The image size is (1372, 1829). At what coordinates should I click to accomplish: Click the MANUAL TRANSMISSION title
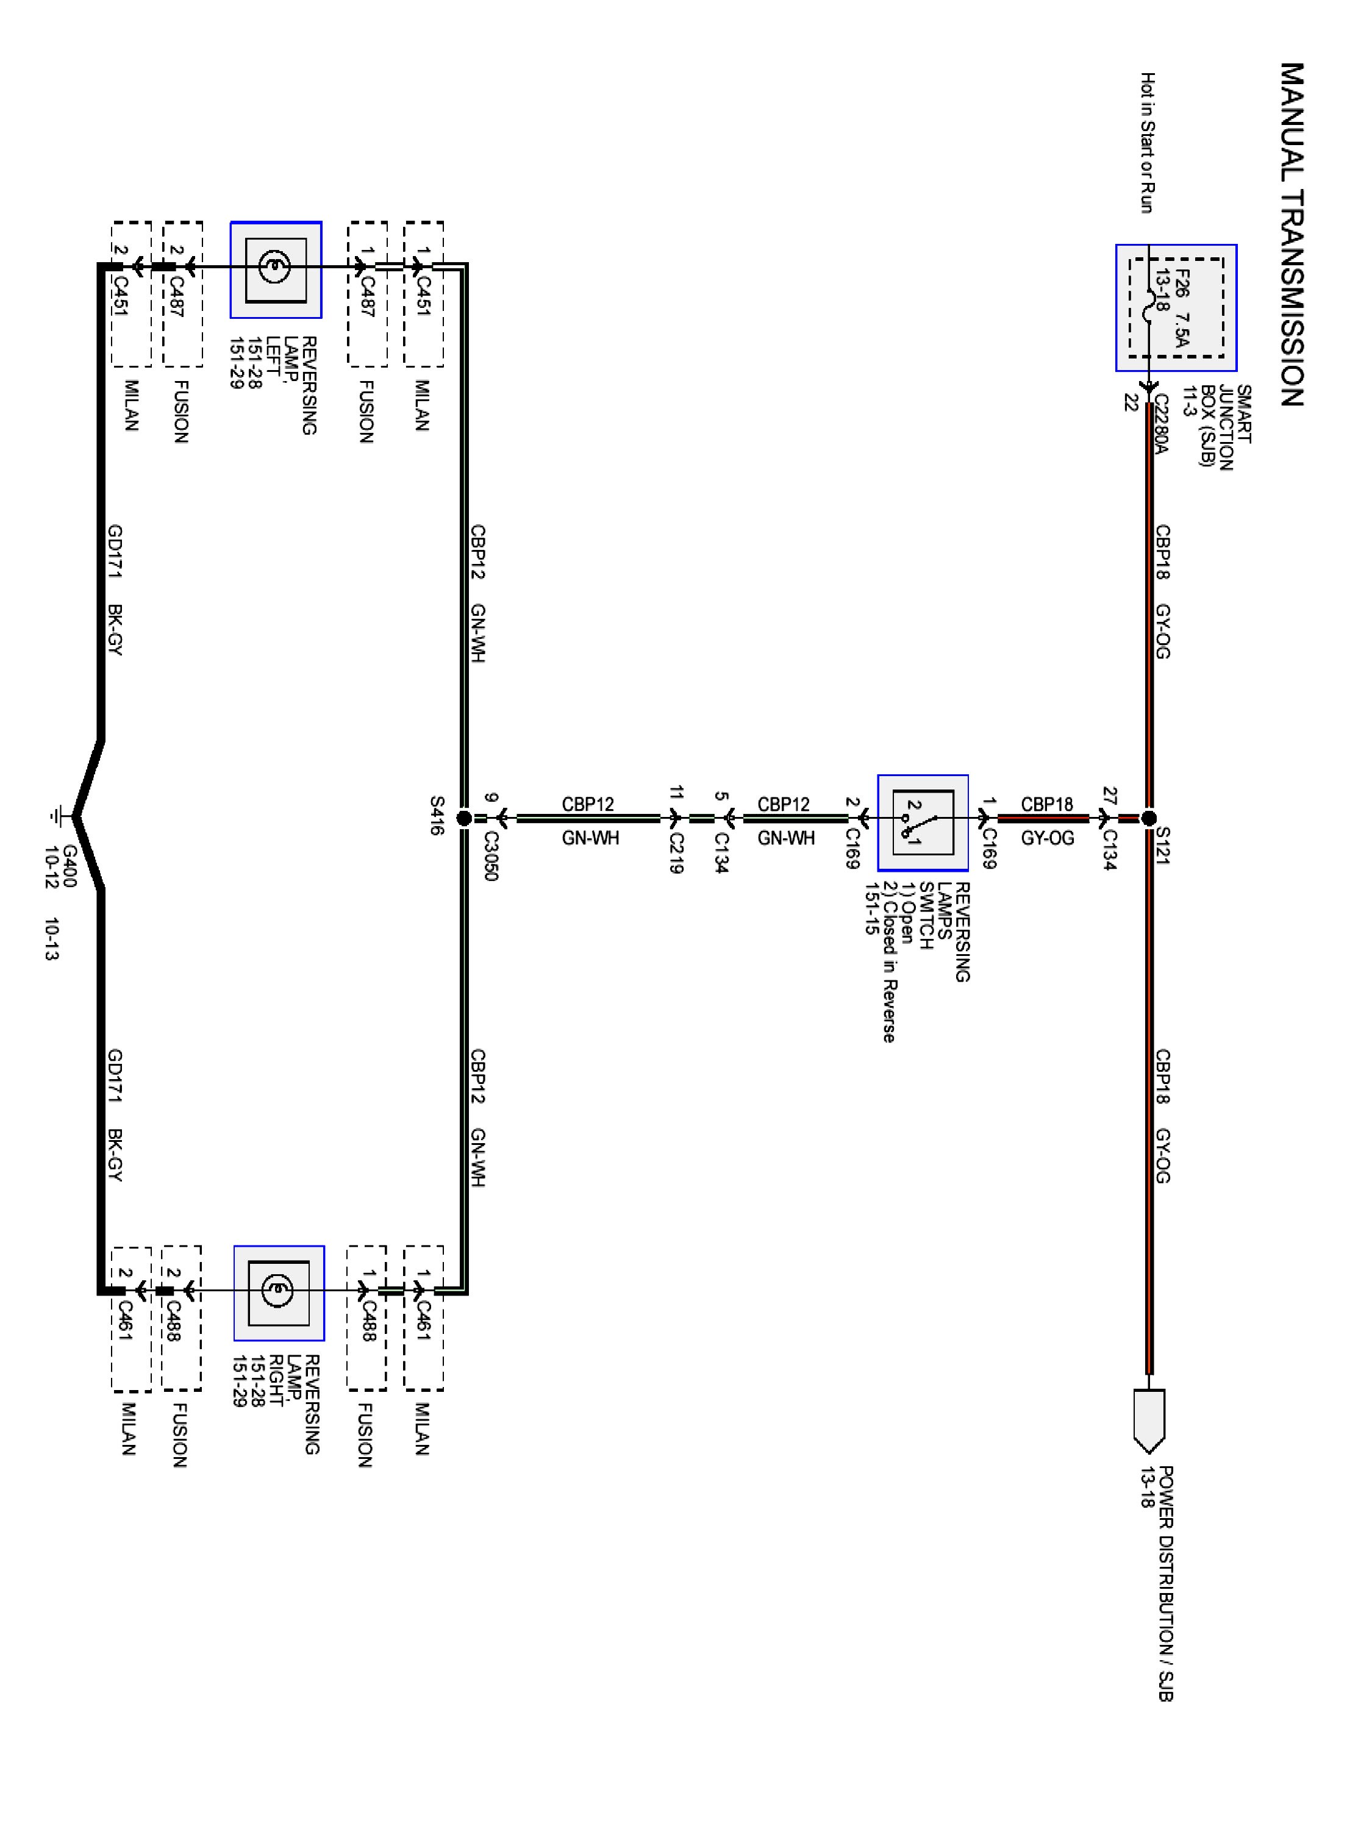coord(1292,235)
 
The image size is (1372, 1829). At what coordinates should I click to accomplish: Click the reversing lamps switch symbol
coord(923,822)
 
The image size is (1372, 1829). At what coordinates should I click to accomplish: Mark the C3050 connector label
coord(490,857)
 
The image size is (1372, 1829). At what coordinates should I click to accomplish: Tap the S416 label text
coord(437,815)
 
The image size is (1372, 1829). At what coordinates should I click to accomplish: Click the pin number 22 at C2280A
coord(1131,402)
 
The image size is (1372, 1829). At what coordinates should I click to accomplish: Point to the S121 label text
coord(1162,846)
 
